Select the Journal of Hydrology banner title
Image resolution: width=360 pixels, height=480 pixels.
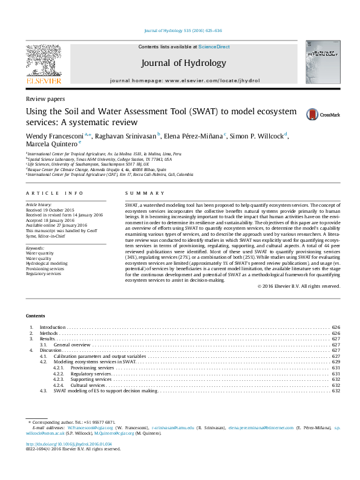click(183, 63)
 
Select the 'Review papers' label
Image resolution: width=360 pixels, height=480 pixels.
click(45, 98)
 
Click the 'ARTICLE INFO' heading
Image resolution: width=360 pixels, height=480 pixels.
click(54, 193)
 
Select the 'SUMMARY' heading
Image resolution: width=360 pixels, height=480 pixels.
click(145, 193)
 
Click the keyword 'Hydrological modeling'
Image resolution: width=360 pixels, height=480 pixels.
click(46, 264)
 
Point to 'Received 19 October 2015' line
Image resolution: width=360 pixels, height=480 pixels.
click(50, 211)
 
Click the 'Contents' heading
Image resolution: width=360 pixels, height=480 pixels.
click(35, 316)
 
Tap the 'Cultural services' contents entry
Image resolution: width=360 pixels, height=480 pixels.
click(88, 385)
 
